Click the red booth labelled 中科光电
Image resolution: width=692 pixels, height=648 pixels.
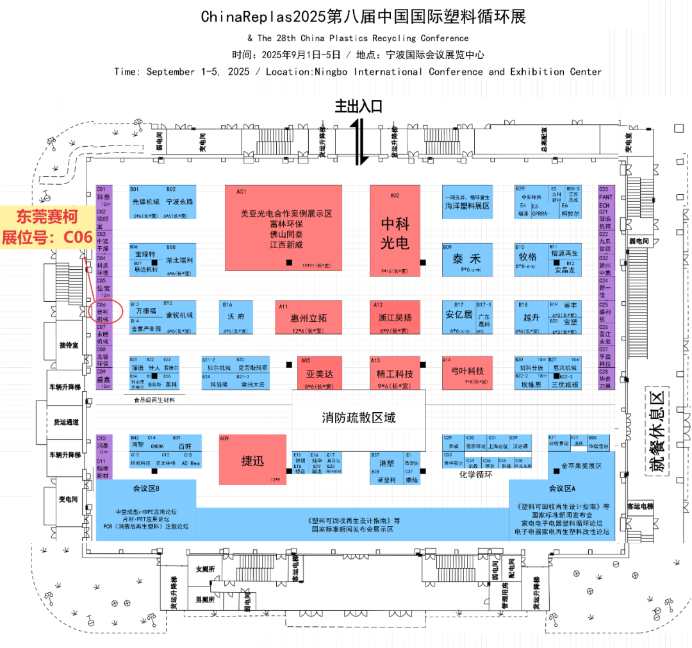tap(395, 232)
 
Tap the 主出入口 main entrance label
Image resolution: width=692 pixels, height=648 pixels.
tap(358, 106)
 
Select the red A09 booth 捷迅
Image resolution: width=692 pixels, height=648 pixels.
tap(252, 460)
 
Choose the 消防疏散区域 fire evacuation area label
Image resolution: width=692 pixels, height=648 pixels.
tap(358, 418)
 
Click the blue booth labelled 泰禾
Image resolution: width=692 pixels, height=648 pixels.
tap(466, 260)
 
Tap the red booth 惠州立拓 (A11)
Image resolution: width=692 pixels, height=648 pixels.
tap(308, 317)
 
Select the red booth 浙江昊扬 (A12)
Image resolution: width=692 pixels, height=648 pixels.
tap(395, 317)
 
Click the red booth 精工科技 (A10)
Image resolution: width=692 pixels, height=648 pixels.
tap(395, 373)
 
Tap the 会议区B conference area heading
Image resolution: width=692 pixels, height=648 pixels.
tap(146, 489)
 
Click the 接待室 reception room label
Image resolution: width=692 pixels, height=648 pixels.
tap(68, 345)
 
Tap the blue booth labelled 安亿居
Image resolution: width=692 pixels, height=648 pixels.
tap(459, 315)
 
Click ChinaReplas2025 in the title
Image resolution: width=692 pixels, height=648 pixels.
tap(264, 17)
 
